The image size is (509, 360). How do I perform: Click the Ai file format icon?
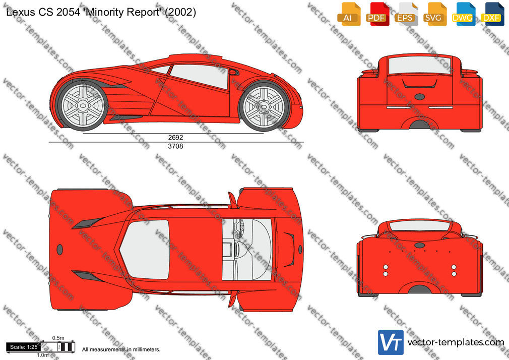(x=349, y=14)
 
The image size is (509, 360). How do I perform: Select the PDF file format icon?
(x=377, y=14)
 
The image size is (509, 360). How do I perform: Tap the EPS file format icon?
(x=406, y=14)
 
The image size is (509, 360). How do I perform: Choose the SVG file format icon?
(x=434, y=14)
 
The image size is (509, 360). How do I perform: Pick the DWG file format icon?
(x=464, y=14)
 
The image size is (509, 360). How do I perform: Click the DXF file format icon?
(x=492, y=14)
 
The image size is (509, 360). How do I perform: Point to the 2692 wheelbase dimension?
(x=175, y=138)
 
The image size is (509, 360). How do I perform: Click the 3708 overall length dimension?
(x=175, y=146)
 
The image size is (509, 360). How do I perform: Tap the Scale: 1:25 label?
(x=24, y=347)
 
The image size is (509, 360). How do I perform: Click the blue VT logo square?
(x=391, y=342)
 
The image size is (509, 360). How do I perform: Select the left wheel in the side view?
(x=83, y=105)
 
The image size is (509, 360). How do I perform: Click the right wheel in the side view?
(x=263, y=106)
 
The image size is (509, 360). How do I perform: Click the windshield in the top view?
(x=145, y=249)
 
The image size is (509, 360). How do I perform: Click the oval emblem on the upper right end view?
(x=420, y=96)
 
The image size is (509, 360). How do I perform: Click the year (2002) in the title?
(x=180, y=12)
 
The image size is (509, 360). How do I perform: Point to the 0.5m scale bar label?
(x=58, y=338)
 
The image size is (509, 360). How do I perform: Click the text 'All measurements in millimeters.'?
(x=121, y=349)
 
